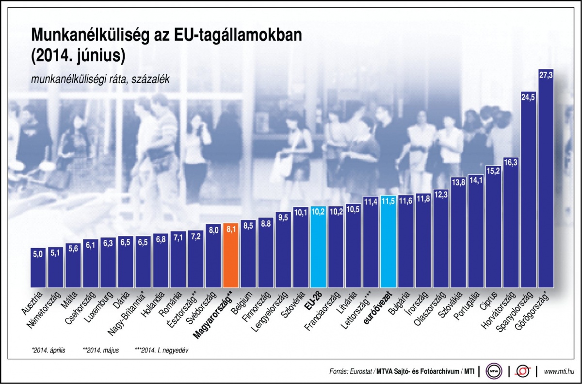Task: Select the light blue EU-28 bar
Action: tap(318, 248)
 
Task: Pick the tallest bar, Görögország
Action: tap(546, 180)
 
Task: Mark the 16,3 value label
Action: tap(511, 163)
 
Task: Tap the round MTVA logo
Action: tap(494, 371)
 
